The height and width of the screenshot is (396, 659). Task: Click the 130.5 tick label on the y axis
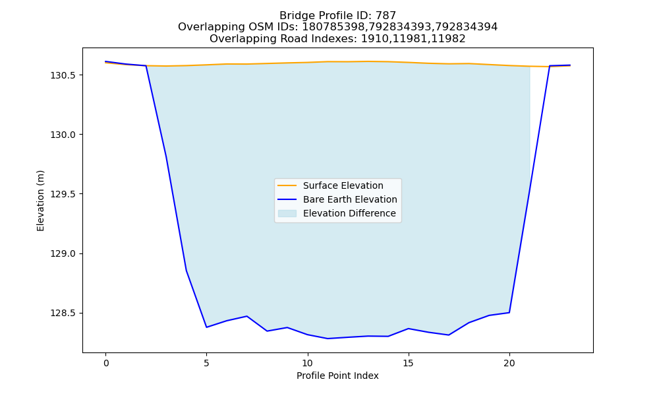point(64,75)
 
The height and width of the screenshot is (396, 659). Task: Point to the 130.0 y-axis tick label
point(64,135)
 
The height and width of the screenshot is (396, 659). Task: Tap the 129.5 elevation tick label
point(64,194)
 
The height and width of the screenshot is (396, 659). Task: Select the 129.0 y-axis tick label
point(64,253)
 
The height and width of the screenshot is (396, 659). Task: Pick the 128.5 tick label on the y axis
point(64,313)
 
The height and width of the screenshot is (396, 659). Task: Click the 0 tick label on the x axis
point(106,363)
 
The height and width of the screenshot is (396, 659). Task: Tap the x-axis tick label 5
point(206,363)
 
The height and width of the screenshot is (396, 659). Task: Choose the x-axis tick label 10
point(308,363)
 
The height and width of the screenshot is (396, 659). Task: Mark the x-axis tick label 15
point(409,363)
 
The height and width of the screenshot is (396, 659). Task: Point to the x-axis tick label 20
point(509,363)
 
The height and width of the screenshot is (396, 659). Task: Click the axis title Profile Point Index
point(337,376)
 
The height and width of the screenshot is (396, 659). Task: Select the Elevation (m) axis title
point(40,201)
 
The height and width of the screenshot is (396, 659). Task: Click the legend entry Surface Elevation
point(343,185)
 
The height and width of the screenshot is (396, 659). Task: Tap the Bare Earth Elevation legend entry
point(350,199)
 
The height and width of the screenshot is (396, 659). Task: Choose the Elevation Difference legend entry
point(349,213)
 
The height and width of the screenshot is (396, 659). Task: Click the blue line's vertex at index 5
point(206,327)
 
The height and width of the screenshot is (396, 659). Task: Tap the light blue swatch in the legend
point(287,213)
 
